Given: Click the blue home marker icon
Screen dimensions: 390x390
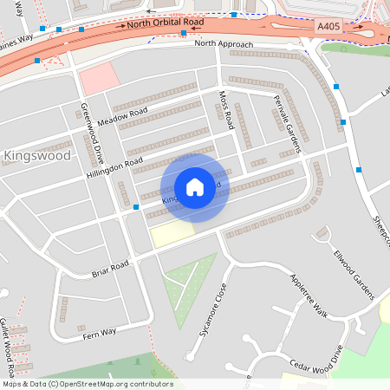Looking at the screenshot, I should click(x=195, y=186).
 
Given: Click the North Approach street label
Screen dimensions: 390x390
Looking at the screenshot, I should click(x=224, y=43).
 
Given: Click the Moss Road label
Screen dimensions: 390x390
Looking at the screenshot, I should click(x=227, y=111).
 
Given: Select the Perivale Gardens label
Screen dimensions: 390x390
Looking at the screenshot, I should click(x=287, y=125).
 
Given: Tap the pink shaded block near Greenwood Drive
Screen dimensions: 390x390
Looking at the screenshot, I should click(x=95, y=78).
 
